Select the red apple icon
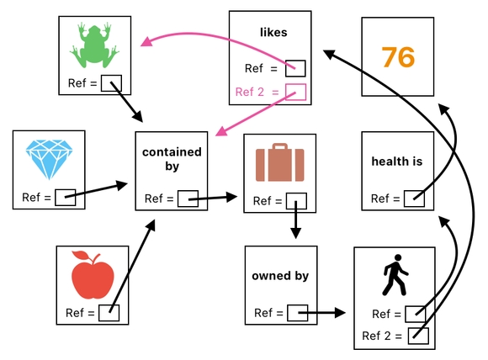[92, 276]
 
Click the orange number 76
[399, 57]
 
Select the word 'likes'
[273, 33]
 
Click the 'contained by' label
[172, 159]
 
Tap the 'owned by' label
[280, 276]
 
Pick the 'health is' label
[396, 161]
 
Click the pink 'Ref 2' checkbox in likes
[295, 92]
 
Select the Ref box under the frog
[110, 83]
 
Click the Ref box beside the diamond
[66, 198]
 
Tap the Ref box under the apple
[109, 313]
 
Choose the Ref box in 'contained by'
[187, 199]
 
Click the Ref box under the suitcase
[295, 201]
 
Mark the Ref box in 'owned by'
[297, 314]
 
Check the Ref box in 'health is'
[413, 199]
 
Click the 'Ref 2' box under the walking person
[418, 336]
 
